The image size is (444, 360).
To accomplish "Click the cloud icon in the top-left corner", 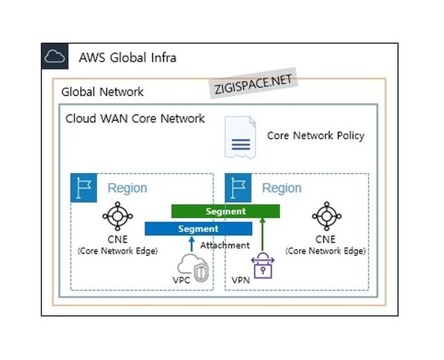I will (55, 57).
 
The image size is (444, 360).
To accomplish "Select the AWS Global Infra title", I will (128, 58).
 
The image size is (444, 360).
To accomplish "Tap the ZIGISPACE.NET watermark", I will (253, 84).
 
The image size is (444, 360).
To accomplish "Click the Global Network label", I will (102, 92).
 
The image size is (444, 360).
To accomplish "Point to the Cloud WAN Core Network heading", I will (135, 118).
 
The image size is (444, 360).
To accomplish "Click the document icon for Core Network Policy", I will (240, 138).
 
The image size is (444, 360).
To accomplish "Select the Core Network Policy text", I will (315, 136).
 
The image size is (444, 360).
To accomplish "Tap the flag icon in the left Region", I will (84, 188).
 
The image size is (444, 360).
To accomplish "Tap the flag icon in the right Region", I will (239, 188).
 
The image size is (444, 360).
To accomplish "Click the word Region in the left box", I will (127, 188).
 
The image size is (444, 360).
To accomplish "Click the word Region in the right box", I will (282, 188).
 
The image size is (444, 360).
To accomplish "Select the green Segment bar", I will (226, 211).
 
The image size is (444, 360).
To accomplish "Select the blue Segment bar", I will (198, 229).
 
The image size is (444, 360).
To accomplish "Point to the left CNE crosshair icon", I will (117, 216).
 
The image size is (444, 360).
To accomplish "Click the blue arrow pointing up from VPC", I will (191, 245).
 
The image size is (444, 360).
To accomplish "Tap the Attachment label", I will (224, 245).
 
